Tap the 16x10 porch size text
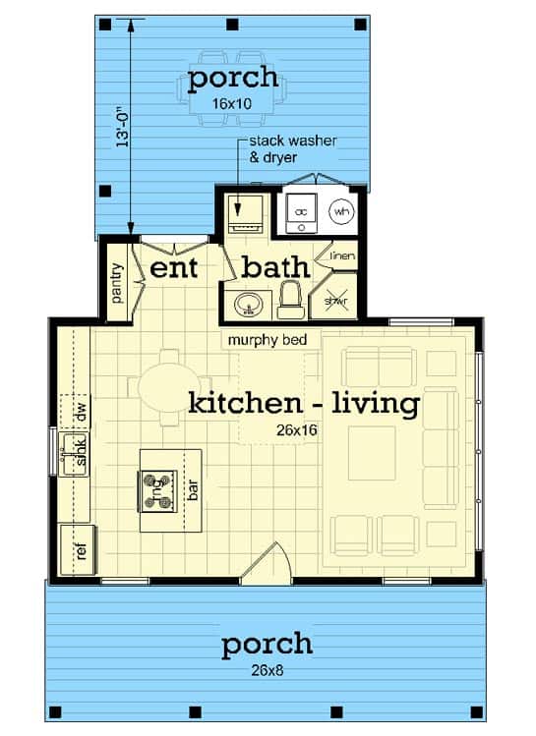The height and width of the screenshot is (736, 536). pos(231,104)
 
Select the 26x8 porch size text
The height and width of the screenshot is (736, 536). pos(267,670)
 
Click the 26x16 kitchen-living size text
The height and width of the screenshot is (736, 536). pos(297,429)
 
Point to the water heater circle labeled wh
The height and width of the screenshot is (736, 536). pos(341,211)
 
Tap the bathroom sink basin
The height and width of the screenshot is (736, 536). pos(248,305)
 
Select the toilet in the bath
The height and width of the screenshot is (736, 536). pos(289,300)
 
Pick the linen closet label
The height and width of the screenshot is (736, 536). pos(342,255)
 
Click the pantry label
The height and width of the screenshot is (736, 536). pos(117,282)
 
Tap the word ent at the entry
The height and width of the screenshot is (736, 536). pos(174,268)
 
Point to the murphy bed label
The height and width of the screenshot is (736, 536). pos(268,339)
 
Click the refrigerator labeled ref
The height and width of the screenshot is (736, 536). pos(78,550)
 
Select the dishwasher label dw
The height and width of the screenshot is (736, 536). pos(82,412)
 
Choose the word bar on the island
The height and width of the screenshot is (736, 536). pos(192,490)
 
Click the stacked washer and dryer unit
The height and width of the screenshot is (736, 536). pos(245,214)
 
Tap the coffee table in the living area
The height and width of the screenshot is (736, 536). pos(372,453)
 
